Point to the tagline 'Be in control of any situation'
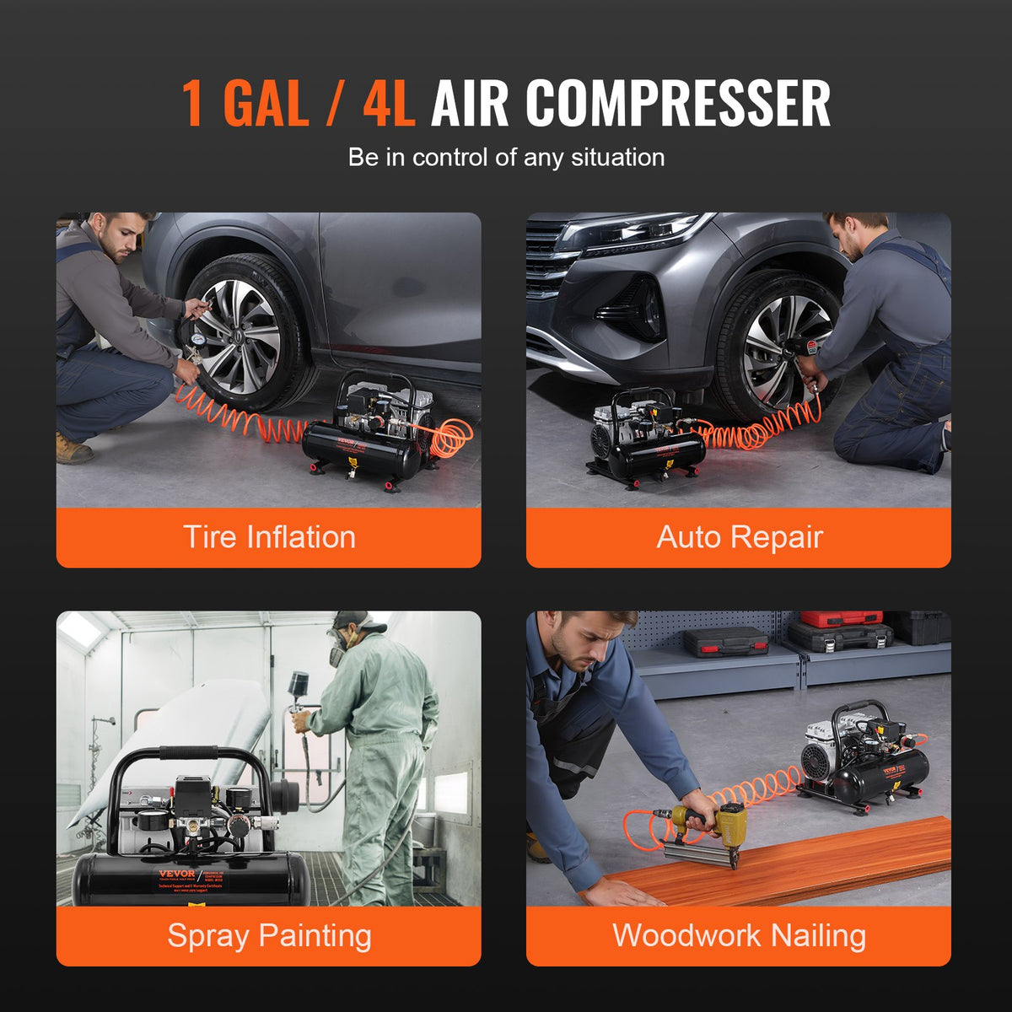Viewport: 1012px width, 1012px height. (506, 158)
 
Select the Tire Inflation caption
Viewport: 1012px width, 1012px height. (269, 537)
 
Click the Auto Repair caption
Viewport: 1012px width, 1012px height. (739, 537)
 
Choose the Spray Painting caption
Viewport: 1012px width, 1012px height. (269, 935)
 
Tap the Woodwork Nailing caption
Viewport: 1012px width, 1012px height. (739, 935)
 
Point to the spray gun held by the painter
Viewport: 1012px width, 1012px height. (299, 687)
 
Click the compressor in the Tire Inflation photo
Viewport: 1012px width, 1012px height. (371, 434)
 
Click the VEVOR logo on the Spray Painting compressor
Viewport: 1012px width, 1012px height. (177, 874)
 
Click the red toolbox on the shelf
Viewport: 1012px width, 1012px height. (841, 619)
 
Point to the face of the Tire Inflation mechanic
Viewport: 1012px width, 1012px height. (122, 238)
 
